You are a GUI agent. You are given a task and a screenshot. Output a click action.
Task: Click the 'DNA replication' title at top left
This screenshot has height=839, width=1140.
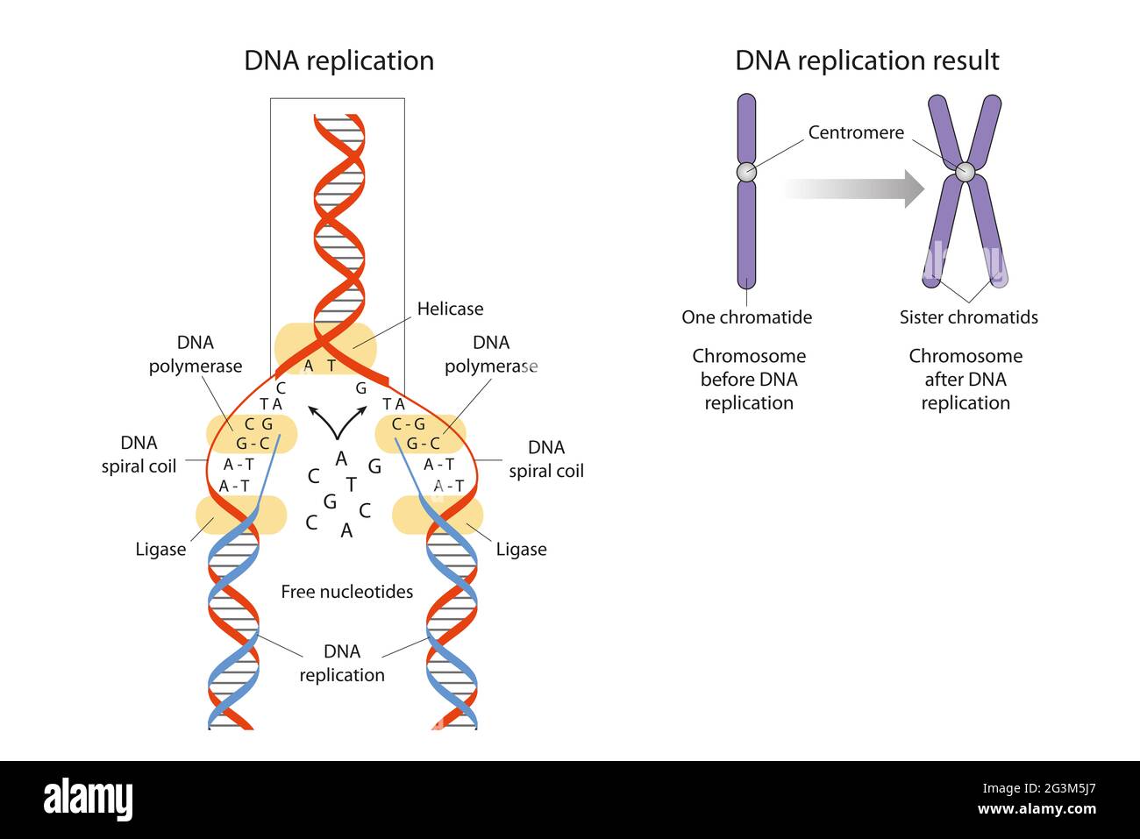[x=338, y=60]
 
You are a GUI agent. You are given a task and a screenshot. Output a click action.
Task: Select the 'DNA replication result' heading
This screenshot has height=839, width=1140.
[x=866, y=60]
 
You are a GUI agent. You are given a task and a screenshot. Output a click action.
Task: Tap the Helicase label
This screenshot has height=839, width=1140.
[x=450, y=309]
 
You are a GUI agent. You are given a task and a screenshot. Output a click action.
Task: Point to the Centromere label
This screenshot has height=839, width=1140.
[x=855, y=132]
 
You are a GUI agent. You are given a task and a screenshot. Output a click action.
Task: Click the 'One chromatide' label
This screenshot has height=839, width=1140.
[x=746, y=317]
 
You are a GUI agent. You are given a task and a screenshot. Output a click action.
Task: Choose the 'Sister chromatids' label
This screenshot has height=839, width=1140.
[x=968, y=317]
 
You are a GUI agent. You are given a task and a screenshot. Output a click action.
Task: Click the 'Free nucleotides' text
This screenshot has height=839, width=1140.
[x=346, y=592]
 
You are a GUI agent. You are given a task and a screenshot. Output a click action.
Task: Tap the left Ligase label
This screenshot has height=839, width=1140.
[x=160, y=550]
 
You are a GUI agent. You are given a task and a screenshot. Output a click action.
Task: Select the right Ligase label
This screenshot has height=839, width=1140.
[x=521, y=550]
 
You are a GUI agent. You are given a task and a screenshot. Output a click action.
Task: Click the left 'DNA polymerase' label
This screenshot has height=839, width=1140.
[x=195, y=354]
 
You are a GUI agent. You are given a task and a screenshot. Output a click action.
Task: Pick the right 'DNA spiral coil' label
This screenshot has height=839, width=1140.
[x=545, y=459]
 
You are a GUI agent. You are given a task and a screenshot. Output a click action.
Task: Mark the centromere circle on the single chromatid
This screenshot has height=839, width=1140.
[x=745, y=171]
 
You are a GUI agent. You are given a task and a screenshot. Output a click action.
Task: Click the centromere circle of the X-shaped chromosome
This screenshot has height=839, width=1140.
[x=965, y=172]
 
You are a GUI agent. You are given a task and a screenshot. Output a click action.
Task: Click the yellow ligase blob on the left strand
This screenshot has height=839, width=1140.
[x=240, y=515]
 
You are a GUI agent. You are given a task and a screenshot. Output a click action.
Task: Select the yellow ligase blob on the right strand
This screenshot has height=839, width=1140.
[x=437, y=515]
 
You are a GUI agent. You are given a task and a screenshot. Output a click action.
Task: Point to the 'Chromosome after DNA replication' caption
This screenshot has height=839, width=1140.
[x=965, y=380]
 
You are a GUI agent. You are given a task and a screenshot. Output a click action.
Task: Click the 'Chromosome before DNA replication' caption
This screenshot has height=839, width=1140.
[x=749, y=380]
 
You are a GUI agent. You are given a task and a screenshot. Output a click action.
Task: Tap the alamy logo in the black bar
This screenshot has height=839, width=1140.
[x=88, y=800]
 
